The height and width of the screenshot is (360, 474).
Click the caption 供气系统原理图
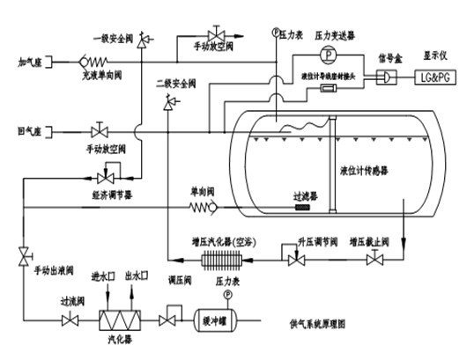357,327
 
